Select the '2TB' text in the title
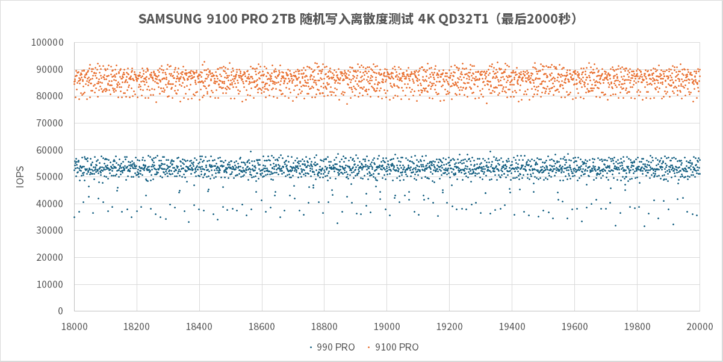(287, 19)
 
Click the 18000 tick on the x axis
(74, 325)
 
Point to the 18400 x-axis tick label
(199, 325)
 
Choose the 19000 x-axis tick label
(386, 325)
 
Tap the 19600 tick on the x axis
(574, 325)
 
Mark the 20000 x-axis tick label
(700, 325)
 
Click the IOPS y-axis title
(20, 176)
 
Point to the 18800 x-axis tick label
(324, 325)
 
